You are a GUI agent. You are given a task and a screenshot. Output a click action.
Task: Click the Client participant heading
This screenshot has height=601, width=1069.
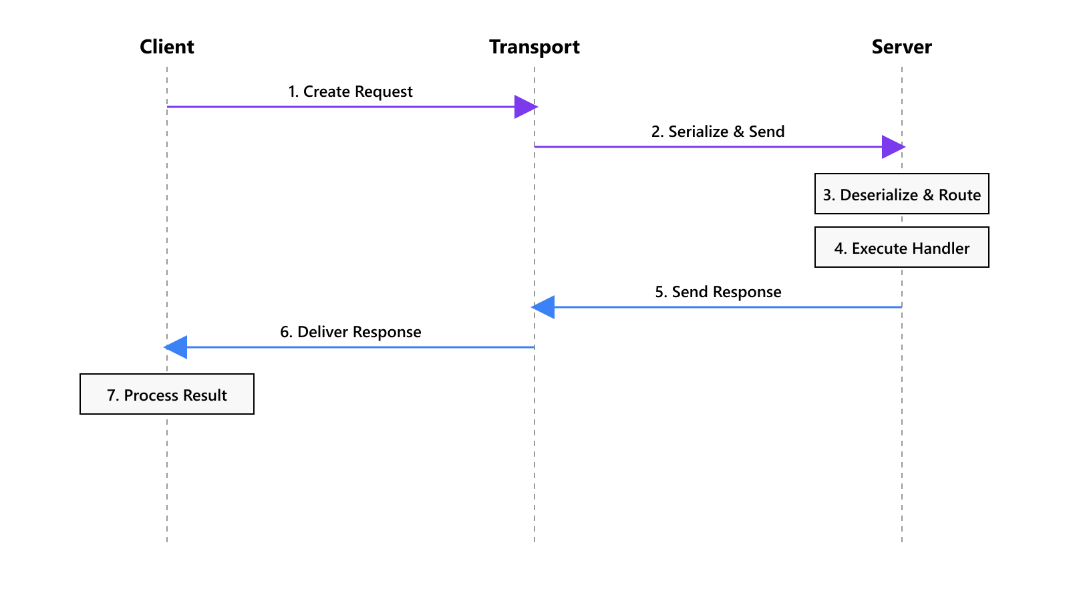(x=167, y=47)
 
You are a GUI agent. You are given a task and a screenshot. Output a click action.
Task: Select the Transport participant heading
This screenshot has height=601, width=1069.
(x=534, y=47)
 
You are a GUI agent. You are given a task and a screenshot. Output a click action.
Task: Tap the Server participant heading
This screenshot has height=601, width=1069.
(x=902, y=47)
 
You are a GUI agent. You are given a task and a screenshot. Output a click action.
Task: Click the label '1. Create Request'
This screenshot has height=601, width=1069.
(x=350, y=91)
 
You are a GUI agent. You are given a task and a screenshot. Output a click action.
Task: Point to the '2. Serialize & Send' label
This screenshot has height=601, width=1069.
(x=718, y=132)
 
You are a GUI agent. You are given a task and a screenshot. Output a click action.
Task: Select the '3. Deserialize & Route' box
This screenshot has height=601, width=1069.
(x=902, y=194)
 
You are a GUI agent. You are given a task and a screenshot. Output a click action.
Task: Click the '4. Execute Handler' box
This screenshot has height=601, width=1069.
(x=902, y=248)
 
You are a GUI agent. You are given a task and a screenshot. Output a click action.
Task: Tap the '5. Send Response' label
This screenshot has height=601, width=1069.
(x=718, y=292)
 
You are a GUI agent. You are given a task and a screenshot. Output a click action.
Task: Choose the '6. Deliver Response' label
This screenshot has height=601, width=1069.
(x=350, y=332)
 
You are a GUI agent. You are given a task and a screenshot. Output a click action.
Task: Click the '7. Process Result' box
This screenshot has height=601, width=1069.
(x=167, y=395)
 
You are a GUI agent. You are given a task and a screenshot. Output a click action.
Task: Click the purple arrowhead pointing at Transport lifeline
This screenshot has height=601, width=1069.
(x=525, y=107)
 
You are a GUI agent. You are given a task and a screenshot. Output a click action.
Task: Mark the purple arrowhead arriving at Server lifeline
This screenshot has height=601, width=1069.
(x=893, y=147)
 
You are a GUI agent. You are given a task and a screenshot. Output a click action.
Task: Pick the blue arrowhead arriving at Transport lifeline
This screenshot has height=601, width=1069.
(x=543, y=307)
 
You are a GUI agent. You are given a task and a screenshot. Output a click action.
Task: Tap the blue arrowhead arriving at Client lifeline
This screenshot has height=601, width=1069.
(x=176, y=347)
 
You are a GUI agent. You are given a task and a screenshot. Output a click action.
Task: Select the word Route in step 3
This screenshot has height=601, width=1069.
(x=959, y=195)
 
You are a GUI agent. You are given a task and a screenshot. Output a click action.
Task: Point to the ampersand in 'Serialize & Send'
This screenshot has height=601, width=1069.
(x=738, y=132)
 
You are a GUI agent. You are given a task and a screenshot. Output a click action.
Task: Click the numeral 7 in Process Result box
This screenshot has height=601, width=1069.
(x=111, y=395)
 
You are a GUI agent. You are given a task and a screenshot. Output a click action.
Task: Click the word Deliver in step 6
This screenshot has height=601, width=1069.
(x=323, y=332)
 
